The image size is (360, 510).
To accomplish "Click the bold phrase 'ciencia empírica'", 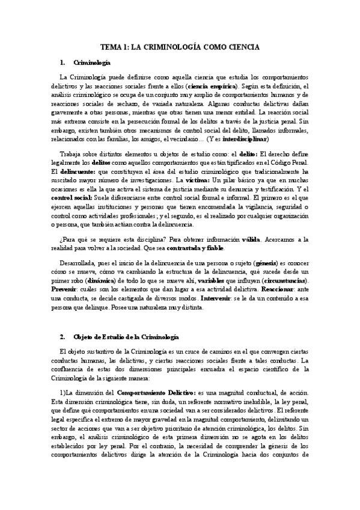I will coord(212,86).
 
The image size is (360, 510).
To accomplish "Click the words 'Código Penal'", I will coord(290,154).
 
